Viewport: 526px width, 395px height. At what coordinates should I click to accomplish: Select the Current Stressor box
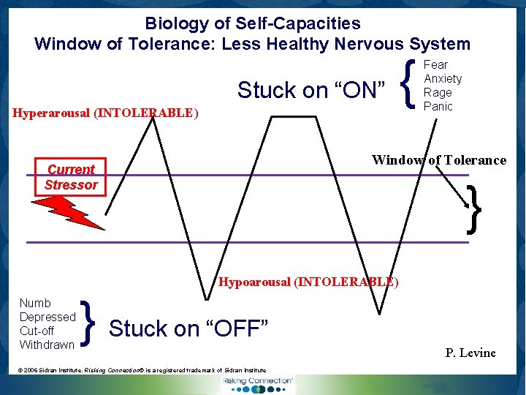(x=71, y=177)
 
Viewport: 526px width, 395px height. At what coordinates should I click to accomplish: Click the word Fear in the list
(x=436, y=64)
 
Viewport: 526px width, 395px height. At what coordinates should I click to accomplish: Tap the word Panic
(x=438, y=106)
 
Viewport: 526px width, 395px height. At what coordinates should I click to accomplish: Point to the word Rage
(x=438, y=92)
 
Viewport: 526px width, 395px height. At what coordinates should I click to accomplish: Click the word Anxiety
(x=443, y=78)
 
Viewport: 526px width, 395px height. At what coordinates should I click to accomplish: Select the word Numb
(x=35, y=303)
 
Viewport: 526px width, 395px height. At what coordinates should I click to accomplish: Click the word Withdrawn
(x=47, y=345)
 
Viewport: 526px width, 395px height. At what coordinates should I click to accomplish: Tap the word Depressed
(x=47, y=317)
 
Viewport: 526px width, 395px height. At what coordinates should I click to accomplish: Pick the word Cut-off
(x=37, y=331)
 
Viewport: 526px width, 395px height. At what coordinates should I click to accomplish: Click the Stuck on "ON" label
(x=311, y=91)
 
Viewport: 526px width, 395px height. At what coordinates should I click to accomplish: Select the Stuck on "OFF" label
(x=189, y=329)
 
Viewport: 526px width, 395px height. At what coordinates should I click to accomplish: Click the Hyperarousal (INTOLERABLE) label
(x=105, y=113)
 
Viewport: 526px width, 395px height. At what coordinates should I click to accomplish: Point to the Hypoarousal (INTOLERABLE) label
(x=309, y=282)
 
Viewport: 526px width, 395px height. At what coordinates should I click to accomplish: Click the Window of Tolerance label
(x=438, y=160)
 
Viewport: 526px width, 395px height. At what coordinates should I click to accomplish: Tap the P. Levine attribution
(x=470, y=353)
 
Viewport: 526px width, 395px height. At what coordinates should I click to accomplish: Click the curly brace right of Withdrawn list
(x=88, y=323)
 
